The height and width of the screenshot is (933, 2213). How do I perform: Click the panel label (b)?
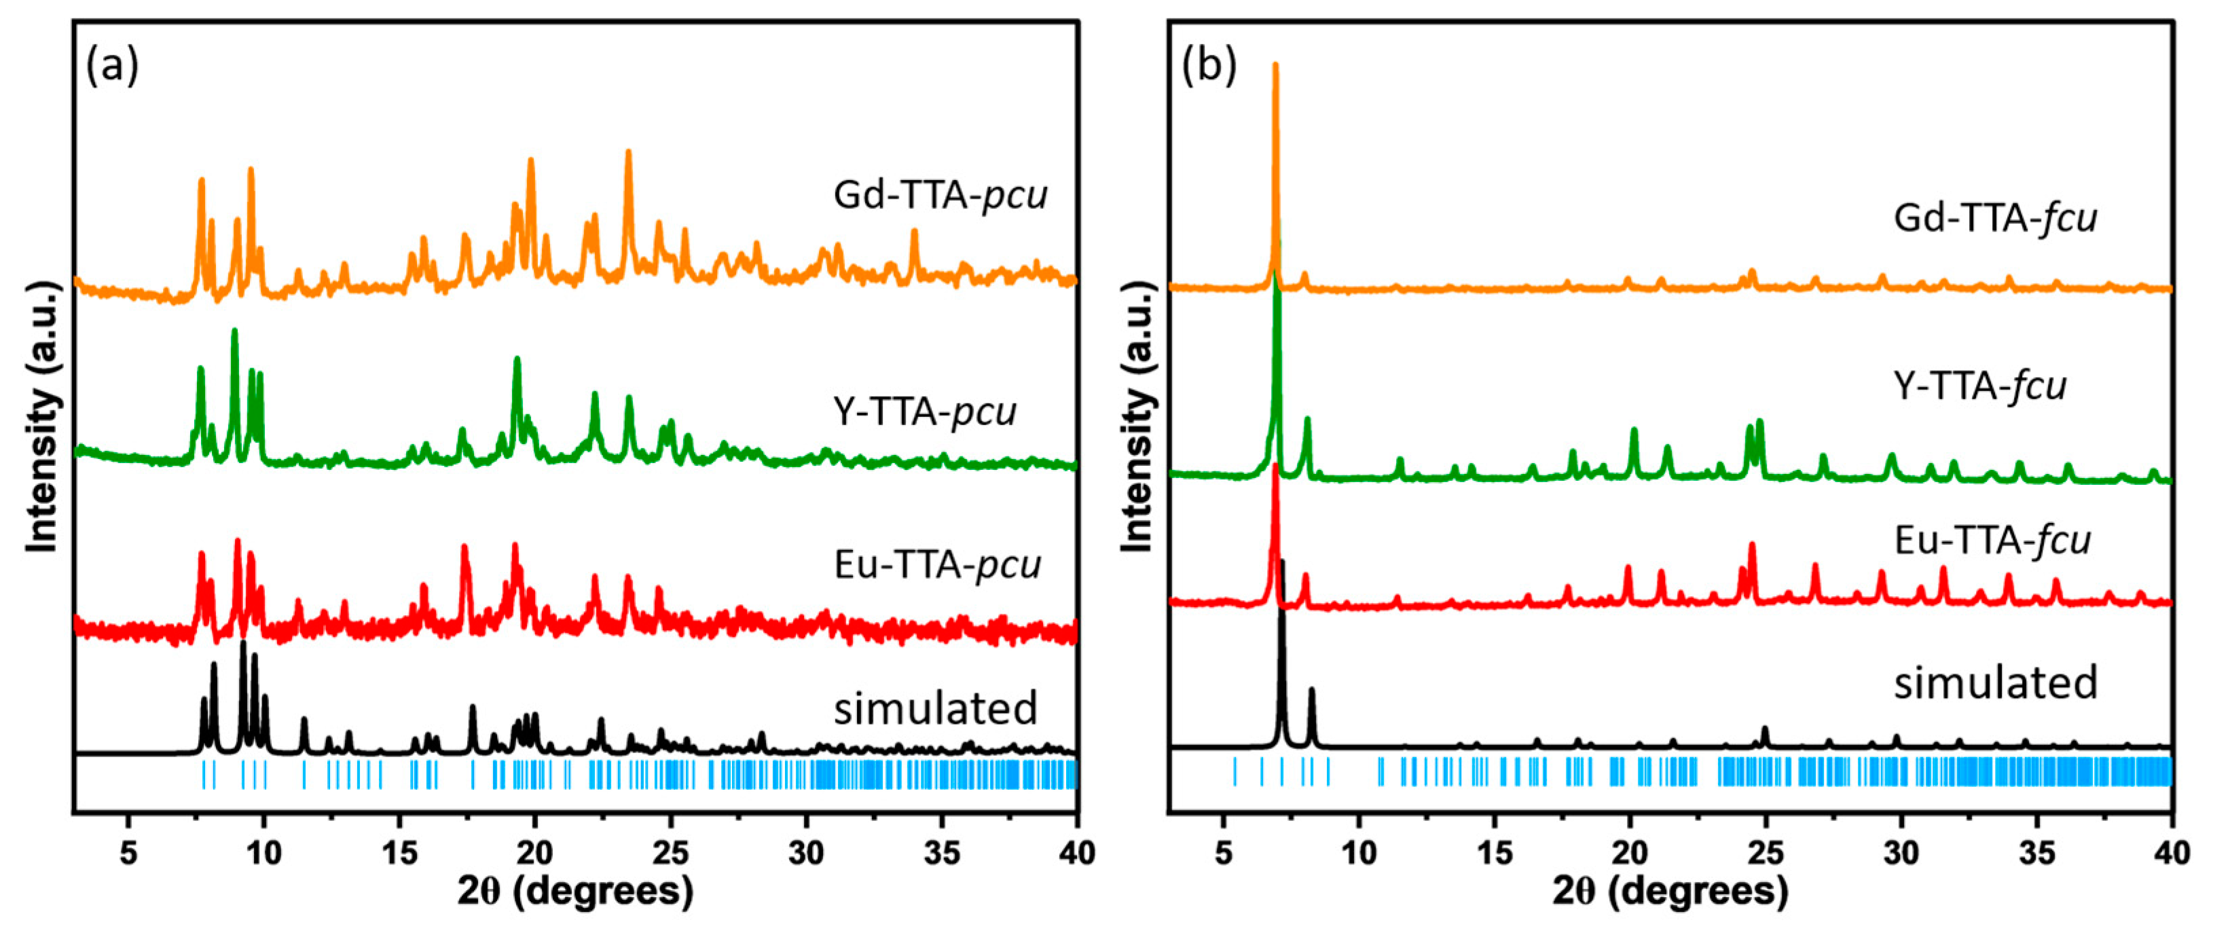(x=1209, y=65)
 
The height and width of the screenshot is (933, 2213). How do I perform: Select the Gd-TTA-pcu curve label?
(x=940, y=196)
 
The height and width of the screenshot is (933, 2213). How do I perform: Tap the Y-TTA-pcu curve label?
(x=924, y=412)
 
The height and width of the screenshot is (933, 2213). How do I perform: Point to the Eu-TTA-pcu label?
(x=937, y=565)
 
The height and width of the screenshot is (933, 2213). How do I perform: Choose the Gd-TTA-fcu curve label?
(x=1995, y=218)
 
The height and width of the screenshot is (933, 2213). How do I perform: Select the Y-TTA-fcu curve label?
(x=1980, y=386)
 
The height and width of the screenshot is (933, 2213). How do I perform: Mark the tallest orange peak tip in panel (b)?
(x=1275, y=65)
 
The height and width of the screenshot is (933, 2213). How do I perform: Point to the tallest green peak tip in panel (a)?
(x=234, y=331)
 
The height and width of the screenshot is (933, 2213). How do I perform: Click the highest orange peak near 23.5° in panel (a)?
(x=628, y=152)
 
